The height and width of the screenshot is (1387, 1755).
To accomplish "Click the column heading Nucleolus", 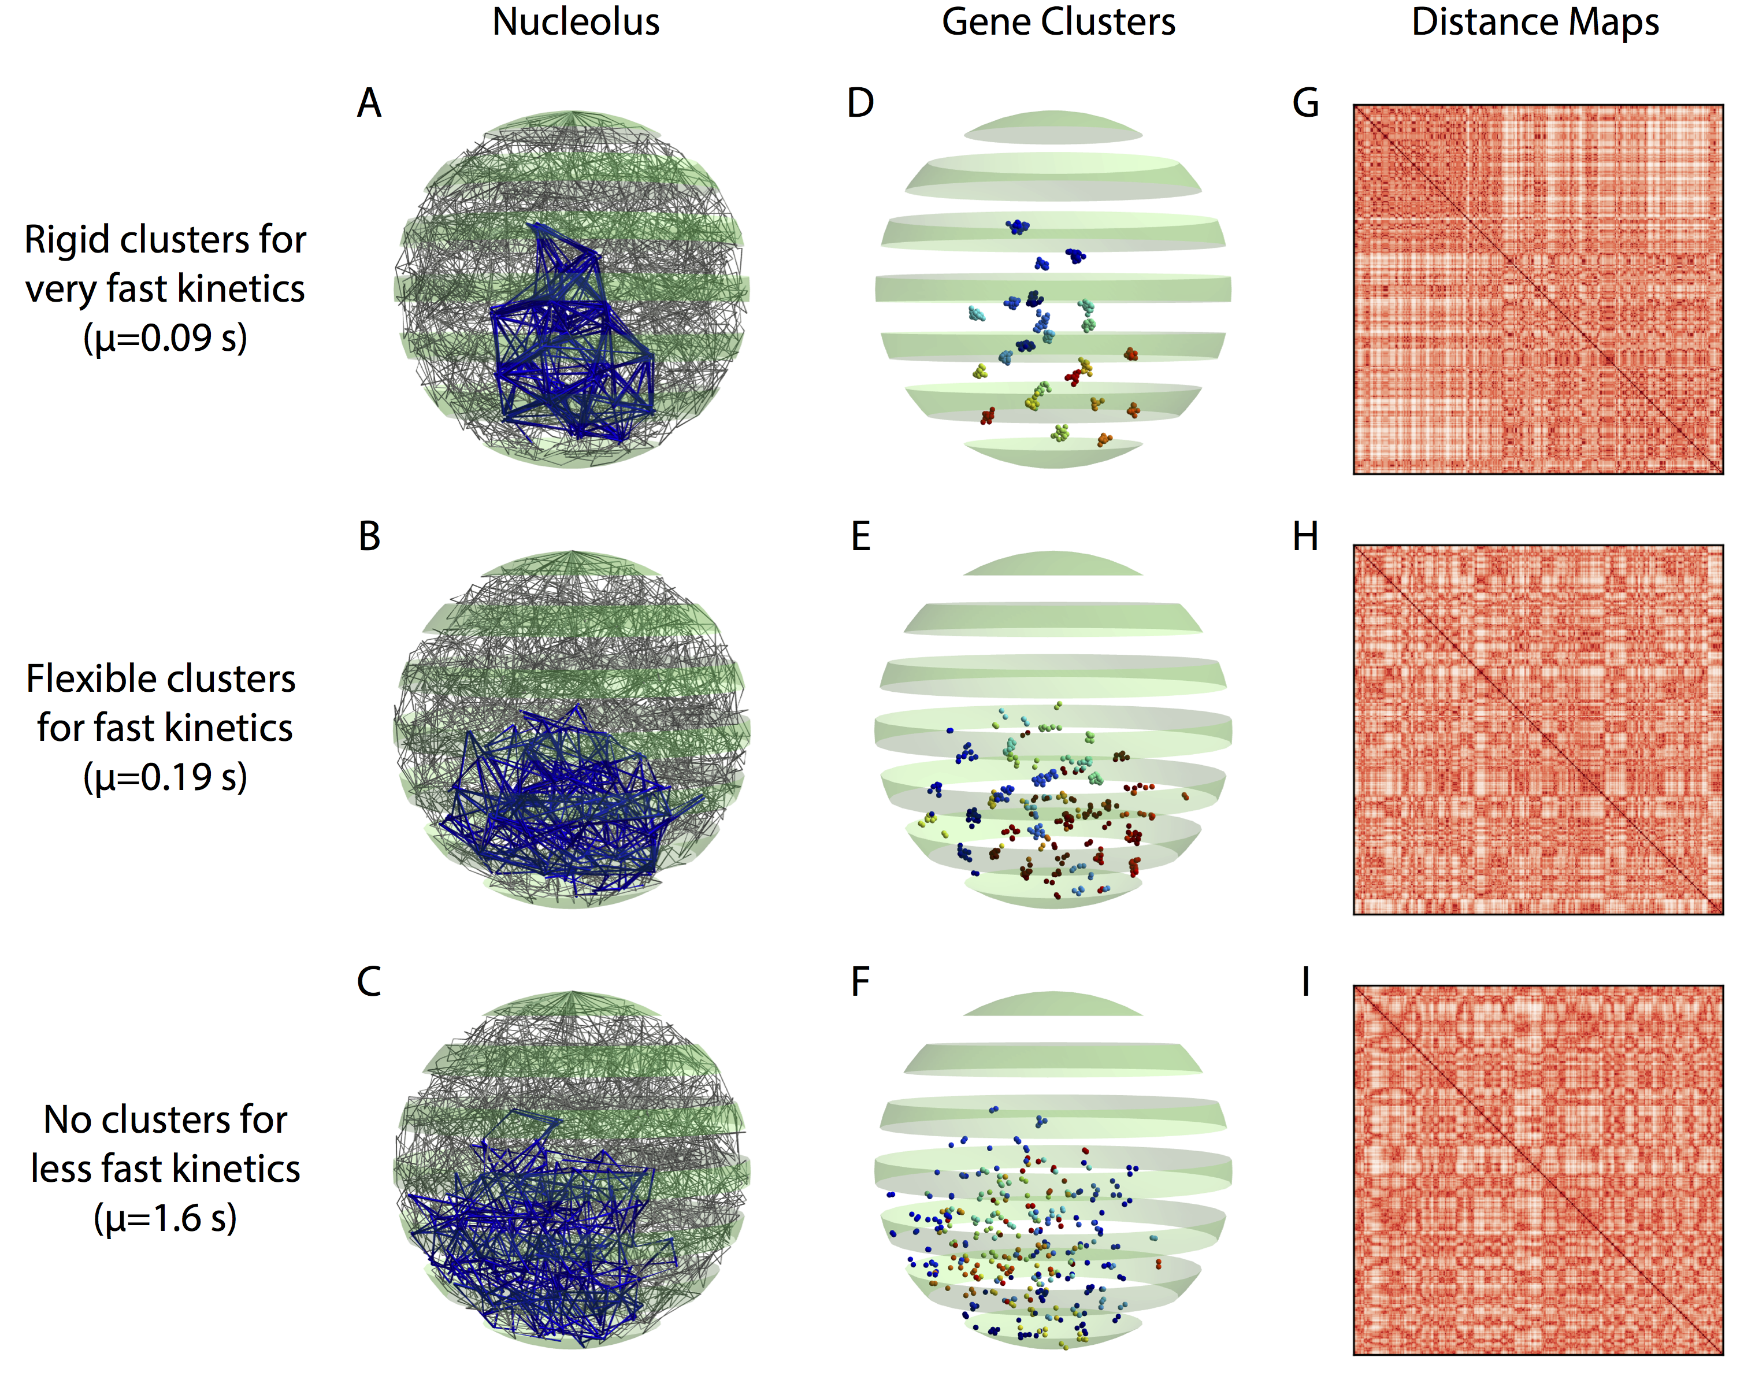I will pos(576,22).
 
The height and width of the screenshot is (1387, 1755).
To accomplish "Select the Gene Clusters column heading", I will pos(1058,22).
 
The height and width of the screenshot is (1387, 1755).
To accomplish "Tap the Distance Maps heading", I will pos(1535,22).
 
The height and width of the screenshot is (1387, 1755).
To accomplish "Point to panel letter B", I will pos(369,537).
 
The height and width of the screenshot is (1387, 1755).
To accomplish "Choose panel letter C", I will pos(369,982).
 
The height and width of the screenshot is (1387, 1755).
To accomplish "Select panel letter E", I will pos(860,537).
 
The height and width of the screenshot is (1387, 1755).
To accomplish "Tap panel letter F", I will pos(860,982).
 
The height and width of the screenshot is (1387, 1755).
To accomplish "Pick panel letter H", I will pos(1305,537).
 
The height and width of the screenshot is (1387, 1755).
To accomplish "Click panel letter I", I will pos(1305,982).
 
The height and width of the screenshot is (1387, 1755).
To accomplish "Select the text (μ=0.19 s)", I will pos(165,777).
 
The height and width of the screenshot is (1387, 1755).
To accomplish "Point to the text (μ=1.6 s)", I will pos(165,1218).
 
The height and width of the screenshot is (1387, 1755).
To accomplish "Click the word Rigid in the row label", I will pos(66,240).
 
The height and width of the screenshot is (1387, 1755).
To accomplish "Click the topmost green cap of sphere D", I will pos(1053,127).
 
